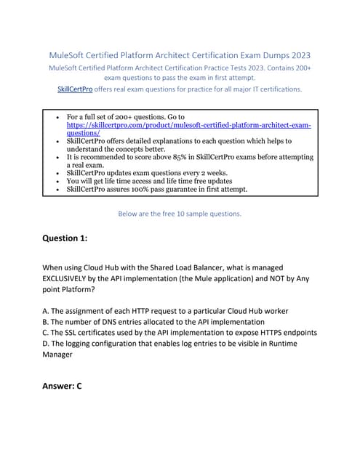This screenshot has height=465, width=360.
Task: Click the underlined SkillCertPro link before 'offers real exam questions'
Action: coord(75,89)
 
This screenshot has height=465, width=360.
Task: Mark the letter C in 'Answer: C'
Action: coord(78,386)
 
